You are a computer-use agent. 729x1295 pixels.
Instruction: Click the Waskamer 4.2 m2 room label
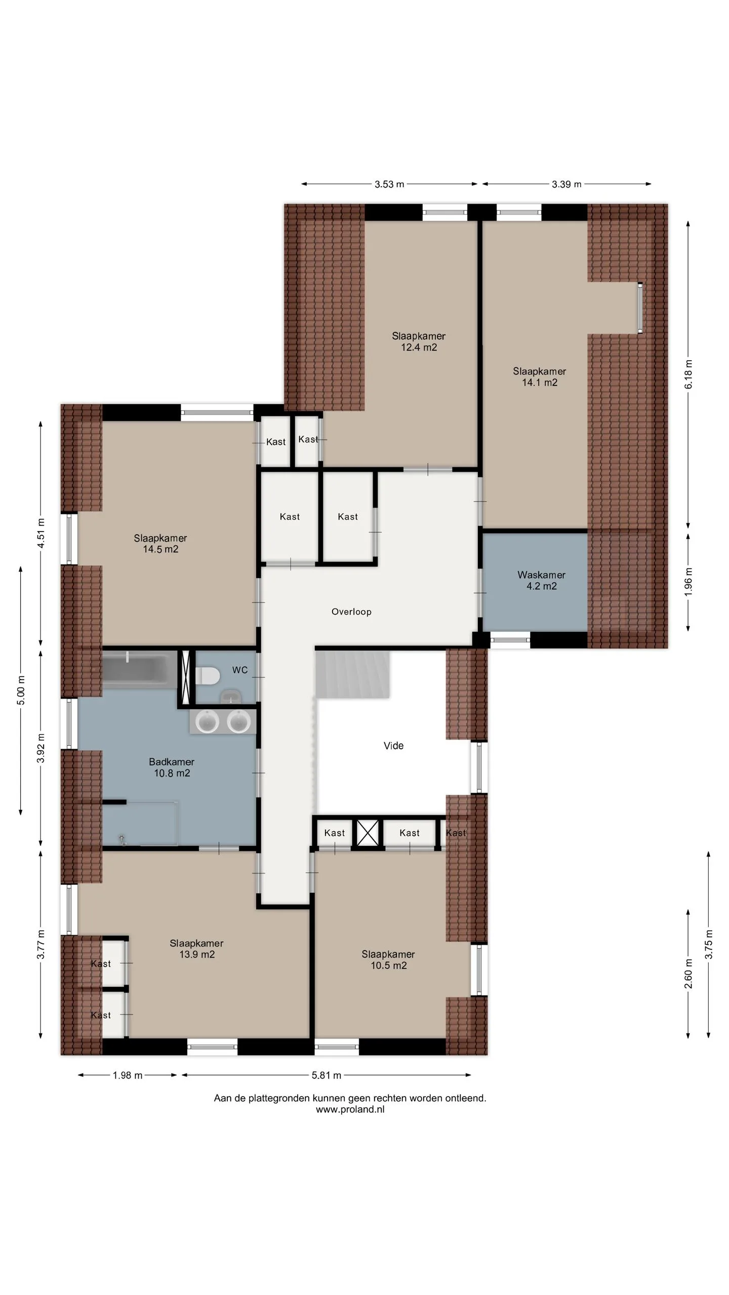pos(541,580)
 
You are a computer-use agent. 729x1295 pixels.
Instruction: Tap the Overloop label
pos(351,612)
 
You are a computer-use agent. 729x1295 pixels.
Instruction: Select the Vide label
pos(393,746)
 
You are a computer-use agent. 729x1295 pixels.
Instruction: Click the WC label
pos(240,670)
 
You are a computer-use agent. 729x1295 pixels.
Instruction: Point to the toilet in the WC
pos(208,675)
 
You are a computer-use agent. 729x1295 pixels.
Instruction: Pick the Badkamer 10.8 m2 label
pos(172,767)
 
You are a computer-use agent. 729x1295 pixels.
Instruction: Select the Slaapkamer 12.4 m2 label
pos(419,341)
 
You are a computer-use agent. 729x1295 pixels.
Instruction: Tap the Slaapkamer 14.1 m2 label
pos(540,377)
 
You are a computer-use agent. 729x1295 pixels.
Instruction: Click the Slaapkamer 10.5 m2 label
pos(388,960)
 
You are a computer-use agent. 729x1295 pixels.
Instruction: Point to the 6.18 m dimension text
pos(688,374)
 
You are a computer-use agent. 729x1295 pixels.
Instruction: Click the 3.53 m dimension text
pos(389,184)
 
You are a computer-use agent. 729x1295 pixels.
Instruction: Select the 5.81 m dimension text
pos(327,1075)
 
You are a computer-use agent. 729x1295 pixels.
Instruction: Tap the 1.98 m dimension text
pos(128,1075)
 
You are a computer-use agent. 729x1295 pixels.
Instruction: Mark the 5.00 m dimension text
pos(21,690)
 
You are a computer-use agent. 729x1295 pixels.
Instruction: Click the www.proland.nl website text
pos(350,1109)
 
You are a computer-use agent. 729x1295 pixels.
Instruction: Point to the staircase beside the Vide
pos(353,675)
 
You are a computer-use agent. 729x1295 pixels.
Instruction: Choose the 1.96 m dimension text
pos(688,582)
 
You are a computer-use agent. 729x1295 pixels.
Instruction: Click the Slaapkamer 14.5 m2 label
pos(160,544)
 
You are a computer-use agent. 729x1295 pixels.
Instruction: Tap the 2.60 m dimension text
pos(688,973)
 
